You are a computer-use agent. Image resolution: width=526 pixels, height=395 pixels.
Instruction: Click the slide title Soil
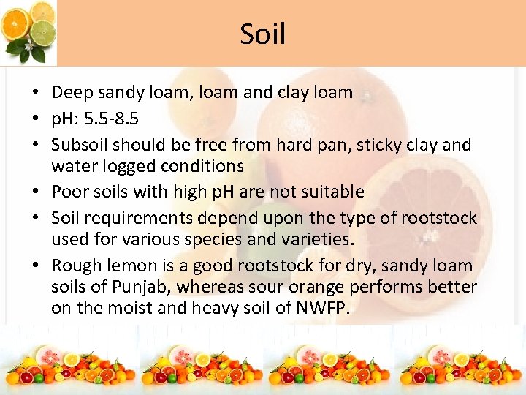263,34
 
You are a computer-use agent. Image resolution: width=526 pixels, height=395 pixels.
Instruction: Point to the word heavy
218,308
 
